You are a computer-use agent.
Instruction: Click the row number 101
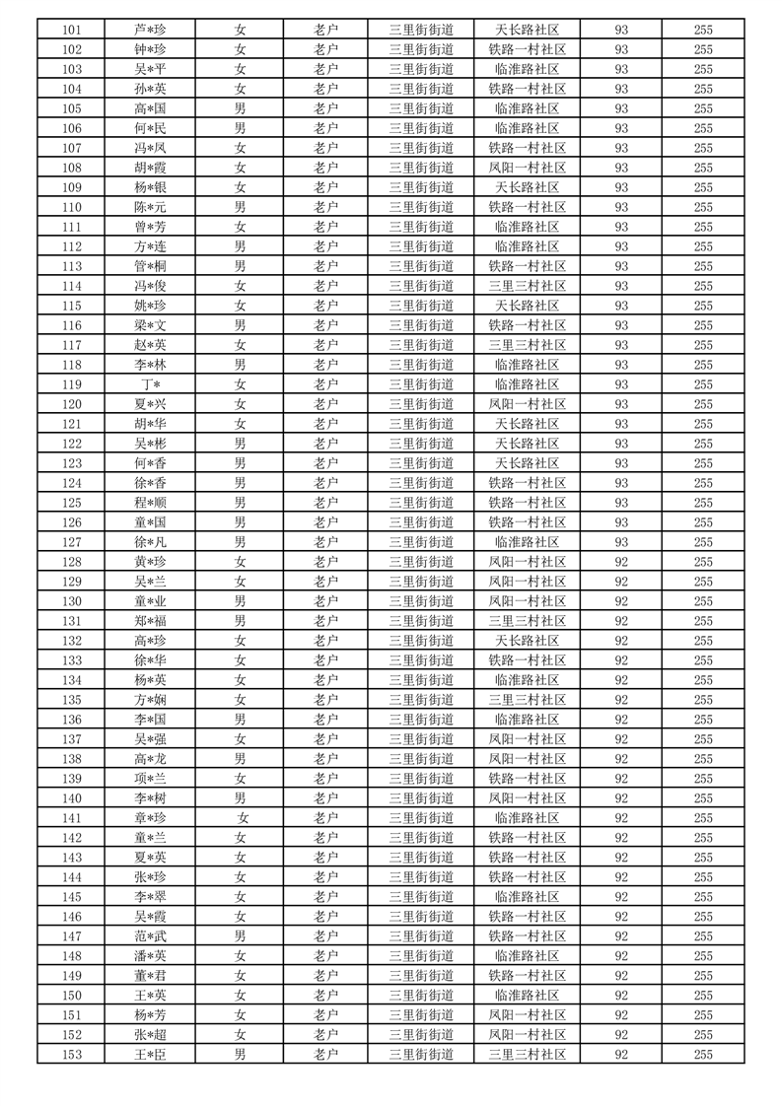[x=71, y=30]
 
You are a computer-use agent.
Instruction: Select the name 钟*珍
[x=150, y=49]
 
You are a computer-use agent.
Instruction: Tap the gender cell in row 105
[x=240, y=108]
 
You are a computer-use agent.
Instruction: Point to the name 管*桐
[x=150, y=266]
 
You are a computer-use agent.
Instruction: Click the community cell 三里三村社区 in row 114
[x=528, y=286]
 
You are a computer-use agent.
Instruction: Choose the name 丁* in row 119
[x=150, y=384]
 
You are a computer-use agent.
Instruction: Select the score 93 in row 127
[x=621, y=542]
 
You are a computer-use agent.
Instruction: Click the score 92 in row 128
[x=621, y=562]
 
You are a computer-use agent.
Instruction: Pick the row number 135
[x=71, y=700]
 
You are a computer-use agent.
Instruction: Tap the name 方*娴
[x=150, y=700]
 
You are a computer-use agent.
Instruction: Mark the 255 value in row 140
[x=703, y=798]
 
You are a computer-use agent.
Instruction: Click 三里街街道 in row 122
[x=421, y=444]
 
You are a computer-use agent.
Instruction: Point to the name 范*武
[x=150, y=936]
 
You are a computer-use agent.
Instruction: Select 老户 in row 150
[x=325, y=996]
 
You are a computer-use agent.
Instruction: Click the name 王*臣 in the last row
[x=150, y=1055]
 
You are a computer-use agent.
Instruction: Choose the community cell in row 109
[x=528, y=187]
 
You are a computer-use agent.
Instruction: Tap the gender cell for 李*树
[x=240, y=798]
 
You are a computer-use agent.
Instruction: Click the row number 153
[x=71, y=1055]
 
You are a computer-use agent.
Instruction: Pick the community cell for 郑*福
[x=528, y=621]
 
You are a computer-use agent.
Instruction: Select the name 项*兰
[x=150, y=779]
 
